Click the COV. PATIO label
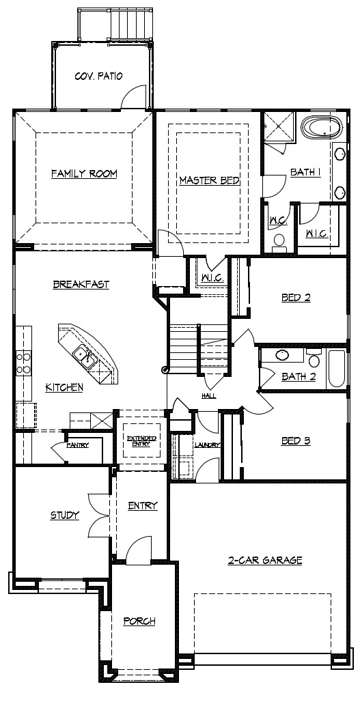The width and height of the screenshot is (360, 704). coord(98,76)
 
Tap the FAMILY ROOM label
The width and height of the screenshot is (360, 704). coord(84,174)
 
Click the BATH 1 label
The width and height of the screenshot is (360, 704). coord(305,173)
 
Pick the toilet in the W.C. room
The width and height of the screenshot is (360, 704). coord(279,241)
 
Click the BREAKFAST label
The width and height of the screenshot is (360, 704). coord(81,285)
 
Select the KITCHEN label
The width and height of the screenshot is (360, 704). coord(64,388)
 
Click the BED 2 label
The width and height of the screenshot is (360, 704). coord(296,298)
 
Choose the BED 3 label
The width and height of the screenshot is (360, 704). coord(296,441)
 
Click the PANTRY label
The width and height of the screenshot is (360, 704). coord(78,445)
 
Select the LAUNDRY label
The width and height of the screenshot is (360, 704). coord(207,445)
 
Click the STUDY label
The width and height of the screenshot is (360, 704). coord(65,516)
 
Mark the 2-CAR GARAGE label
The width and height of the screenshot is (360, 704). coord(265,561)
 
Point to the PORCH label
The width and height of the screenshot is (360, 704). coord(139,621)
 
